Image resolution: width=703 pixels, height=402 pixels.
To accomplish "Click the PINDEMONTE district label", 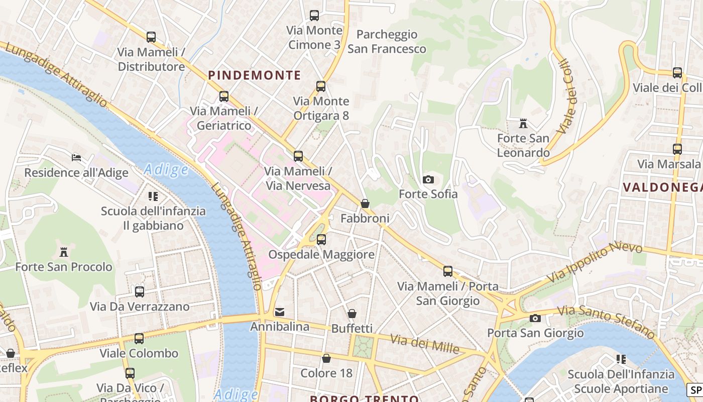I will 255,75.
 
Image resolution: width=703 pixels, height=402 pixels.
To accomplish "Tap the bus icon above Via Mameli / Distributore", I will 151,37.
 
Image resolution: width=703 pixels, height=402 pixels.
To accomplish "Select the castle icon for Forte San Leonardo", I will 523,123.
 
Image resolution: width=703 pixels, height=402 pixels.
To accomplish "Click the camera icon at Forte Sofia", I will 428,179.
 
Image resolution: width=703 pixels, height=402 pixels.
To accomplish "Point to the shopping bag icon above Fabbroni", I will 365,204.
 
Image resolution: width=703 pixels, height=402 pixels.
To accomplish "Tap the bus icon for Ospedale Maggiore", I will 321,240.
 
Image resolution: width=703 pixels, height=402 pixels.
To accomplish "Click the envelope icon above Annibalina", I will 280,312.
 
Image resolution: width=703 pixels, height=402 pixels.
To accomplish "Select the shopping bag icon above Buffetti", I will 352,314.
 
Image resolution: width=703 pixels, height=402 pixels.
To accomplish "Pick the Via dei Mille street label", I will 425,344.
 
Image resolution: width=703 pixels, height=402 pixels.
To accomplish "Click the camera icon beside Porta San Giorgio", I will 535,318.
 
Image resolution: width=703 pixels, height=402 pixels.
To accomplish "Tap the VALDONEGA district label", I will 662,187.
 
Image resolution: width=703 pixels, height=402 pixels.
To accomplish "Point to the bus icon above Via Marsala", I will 677,149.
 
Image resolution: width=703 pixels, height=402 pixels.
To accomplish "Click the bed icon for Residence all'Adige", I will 76,158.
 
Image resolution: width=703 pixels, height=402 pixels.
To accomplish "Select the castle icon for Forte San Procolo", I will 64,252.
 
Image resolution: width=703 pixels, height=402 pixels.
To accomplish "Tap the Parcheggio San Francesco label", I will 387,42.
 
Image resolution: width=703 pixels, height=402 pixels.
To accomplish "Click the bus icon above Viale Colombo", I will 139,339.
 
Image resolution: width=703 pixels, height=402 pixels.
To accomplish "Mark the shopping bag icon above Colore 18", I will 326,358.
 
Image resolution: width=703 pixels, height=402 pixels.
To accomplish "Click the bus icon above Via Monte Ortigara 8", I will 321,86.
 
